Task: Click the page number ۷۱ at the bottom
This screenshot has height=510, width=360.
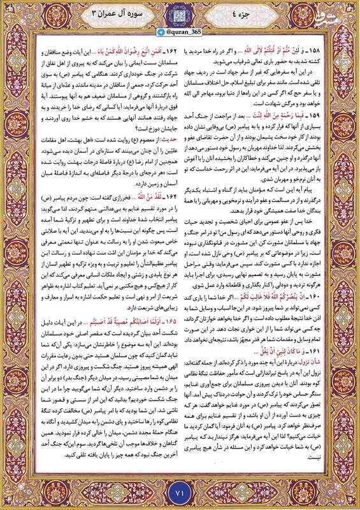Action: coord(180,493)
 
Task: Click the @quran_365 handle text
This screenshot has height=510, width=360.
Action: coord(185,30)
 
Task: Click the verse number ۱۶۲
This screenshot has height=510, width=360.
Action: coord(159,49)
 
